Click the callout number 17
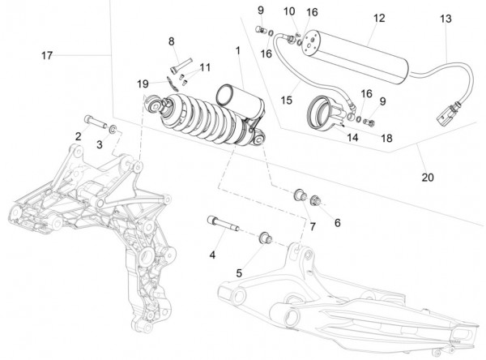coord(48,54)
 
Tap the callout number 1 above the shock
coord(237,50)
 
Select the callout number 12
coord(378,18)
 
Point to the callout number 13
coord(446,18)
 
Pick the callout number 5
coord(239,272)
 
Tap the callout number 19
coord(143,84)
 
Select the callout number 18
coord(386,139)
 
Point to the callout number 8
coord(172,41)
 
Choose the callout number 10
coord(289,11)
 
